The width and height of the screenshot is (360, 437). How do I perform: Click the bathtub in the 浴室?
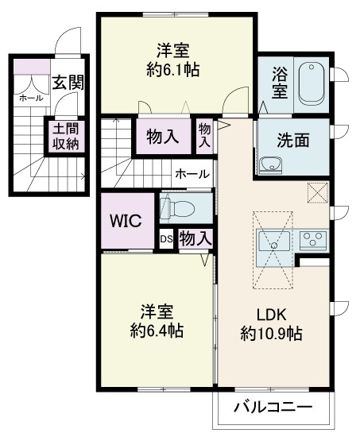[312, 83]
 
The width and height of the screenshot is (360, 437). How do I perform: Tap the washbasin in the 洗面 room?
[270, 165]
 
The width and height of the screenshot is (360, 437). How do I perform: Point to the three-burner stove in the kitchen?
[314, 240]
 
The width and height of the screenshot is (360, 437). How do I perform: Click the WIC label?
[126, 222]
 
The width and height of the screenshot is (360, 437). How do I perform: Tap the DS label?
[166, 240]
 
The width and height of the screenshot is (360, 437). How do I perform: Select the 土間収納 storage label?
[66, 137]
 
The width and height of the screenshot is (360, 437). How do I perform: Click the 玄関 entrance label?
[68, 83]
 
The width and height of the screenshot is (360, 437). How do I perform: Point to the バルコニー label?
[273, 408]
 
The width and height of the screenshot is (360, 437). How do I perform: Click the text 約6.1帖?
[173, 70]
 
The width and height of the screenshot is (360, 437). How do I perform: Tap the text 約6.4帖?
[157, 331]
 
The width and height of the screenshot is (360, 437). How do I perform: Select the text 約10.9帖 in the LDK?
[271, 334]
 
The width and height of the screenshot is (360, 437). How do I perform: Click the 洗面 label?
[292, 140]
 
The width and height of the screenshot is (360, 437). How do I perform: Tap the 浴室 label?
[280, 83]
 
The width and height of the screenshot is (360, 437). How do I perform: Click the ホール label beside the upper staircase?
[192, 175]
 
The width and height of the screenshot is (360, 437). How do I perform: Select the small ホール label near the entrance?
[31, 98]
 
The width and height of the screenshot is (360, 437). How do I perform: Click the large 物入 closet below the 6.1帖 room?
[163, 137]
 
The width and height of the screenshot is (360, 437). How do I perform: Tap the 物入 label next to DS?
[195, 238]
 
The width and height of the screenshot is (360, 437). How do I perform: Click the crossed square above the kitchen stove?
[318, 193]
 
